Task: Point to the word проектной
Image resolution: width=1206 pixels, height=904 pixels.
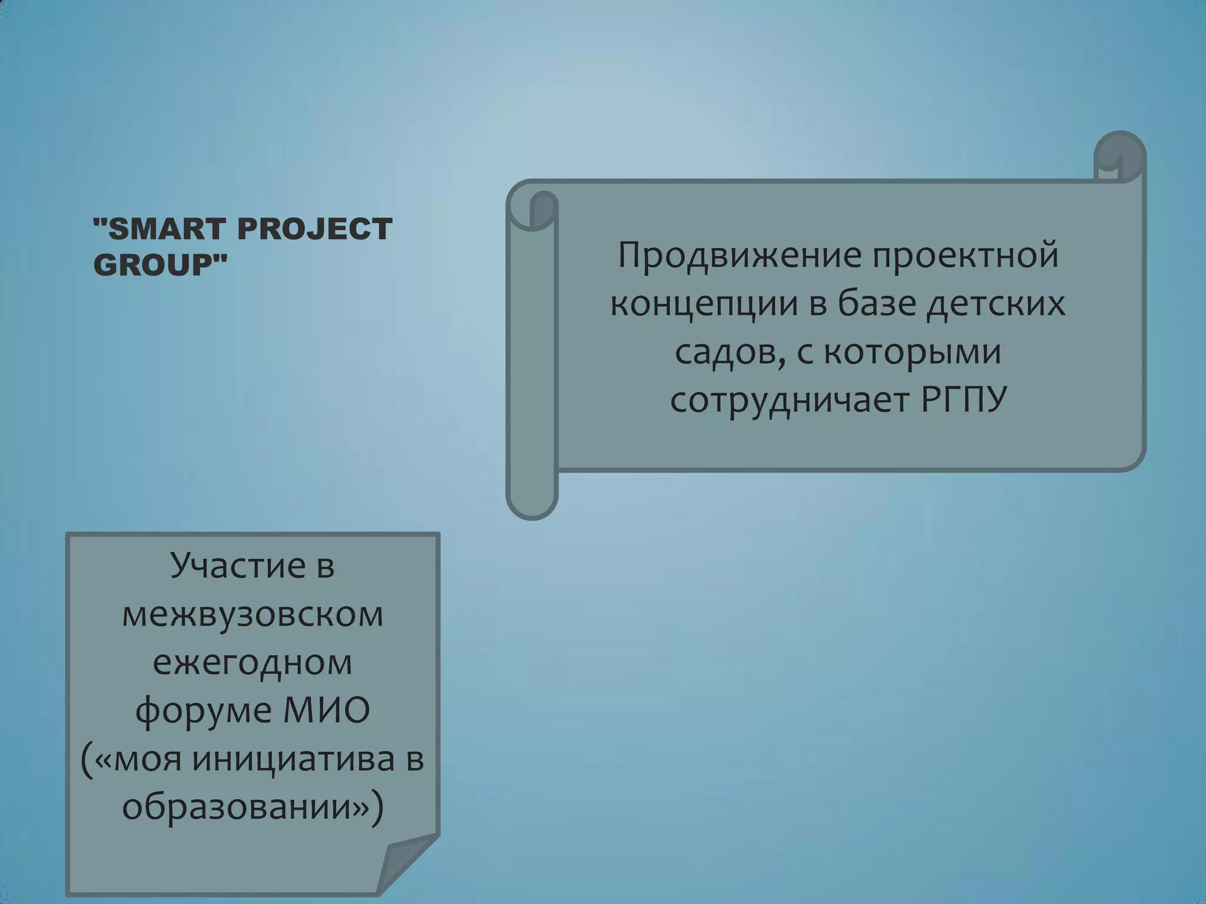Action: pyautogui.click(x=965, y=255)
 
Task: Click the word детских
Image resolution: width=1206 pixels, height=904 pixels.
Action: pyautogui.click(x=996, y=304)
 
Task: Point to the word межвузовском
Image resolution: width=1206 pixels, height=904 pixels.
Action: pyautogui.click(x=253, y=614)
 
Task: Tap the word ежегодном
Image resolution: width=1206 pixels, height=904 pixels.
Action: pyautogui.click(x=253, y=662)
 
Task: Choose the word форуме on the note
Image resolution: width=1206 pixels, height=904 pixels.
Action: pyautogui.click(x=204, y=710)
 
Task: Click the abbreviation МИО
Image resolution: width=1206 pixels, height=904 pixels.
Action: pyautogui.click(x=326, y=710)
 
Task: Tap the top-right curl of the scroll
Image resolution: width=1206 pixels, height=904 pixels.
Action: pyautogui.click(x=1119, y=156)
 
